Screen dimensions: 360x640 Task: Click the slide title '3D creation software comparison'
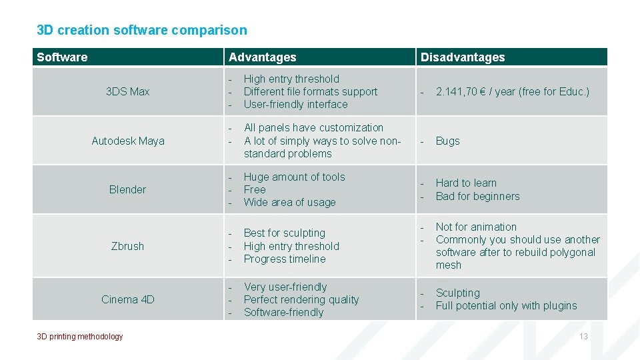click(141, 30)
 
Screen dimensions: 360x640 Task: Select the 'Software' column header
click(62, 57)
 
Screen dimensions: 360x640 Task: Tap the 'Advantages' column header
click(262, 57)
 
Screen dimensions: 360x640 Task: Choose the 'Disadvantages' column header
click(462, 57)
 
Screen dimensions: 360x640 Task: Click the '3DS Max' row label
click(127, 91)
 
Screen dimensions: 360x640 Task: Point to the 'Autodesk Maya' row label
click(127, 141)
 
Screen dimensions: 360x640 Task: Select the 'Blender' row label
click(127, 189)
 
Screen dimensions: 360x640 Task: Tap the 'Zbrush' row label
click(127, 246)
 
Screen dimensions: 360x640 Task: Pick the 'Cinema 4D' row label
click(127, 299)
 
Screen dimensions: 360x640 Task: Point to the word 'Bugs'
click(447, 141)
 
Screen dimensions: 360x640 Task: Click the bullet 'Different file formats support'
click(310, 91)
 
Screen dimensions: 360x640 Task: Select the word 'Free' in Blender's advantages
click(255, 189)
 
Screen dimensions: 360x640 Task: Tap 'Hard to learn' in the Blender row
click(466, 183)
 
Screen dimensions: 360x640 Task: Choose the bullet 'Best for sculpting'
click(284, 233)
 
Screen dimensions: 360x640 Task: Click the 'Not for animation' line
click(475, 227)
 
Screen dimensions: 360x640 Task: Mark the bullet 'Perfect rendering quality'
click(301, 299)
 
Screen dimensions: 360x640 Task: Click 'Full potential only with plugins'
click(506, 305)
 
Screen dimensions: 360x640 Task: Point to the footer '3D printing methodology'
click(80, 337)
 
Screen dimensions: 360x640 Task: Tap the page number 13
click(583, 337)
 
